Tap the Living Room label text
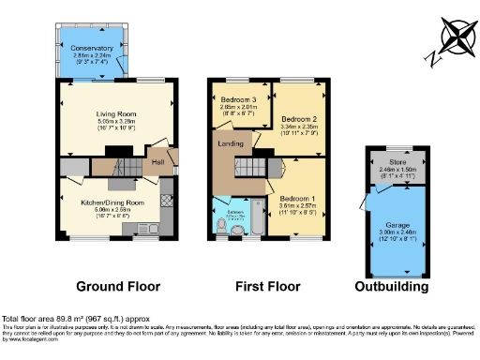pos(117,114)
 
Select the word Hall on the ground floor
pos(158,162)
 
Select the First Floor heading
pos(267,287)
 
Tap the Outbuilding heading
pos(392,287)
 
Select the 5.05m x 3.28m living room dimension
pos(117,121)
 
